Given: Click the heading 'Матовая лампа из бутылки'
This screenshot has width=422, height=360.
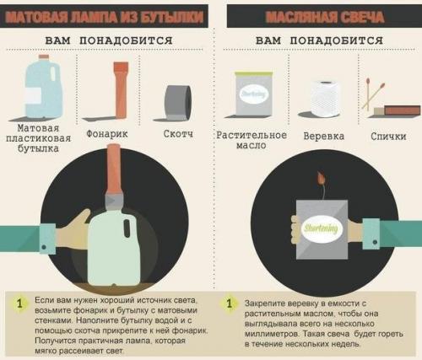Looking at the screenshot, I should point(105,15).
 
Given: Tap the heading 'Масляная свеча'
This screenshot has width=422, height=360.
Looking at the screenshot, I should point(317,15).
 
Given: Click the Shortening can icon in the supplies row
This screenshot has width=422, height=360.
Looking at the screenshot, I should point(252,94).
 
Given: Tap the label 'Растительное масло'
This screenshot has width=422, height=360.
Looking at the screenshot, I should point(252,140).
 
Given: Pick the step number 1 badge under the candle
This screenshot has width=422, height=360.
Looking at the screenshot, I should point(229,303).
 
